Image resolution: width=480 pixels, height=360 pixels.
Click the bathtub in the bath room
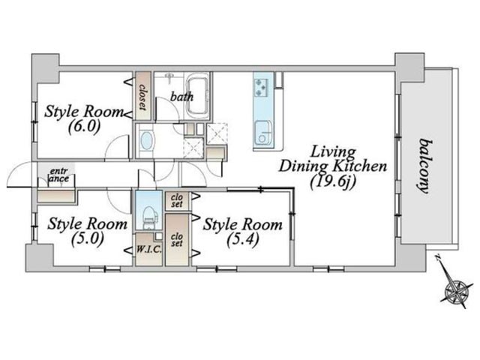pyautogui.click(x=198, y=96)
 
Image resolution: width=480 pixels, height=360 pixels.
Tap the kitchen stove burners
pyautogui.click(x=261, y=87)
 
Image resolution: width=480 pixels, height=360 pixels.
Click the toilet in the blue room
pyautogui.click(x=149, y=218)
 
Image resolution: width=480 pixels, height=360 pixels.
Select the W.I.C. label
pyautogui.click(x=148, y=249)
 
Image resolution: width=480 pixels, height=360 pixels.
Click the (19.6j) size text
pyautogui.click(x=332, y=183)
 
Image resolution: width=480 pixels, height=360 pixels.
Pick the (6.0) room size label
pyautogui.click(x=84, y=127)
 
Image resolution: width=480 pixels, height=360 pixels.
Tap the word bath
pyautogui.click(x=181, y=97)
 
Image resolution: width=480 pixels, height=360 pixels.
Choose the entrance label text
pyautogui.click(x=59, y=175)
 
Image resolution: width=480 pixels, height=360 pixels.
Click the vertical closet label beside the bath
pyautogui.click(x=142, y=97)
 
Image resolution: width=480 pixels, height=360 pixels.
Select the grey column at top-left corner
pyautogui.click(x=46, y=68)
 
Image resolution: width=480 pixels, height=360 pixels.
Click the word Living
pyautogui.click(x=332, y=152)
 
